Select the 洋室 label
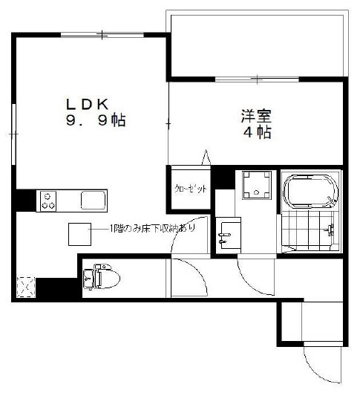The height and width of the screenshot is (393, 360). point(255,117)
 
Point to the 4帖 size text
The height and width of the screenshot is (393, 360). point(255,133)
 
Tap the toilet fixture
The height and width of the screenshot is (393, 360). point(99,276)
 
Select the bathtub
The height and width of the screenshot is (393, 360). point(311,191)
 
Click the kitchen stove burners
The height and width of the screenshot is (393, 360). point(50,200)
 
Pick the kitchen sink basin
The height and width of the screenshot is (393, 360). point(94,200)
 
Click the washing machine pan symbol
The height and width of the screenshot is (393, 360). point(256,186)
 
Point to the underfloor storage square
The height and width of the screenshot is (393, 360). point(79,234)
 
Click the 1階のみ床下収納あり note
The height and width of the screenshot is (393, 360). point(152,228)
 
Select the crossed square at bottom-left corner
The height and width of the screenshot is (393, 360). point(26,286)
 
